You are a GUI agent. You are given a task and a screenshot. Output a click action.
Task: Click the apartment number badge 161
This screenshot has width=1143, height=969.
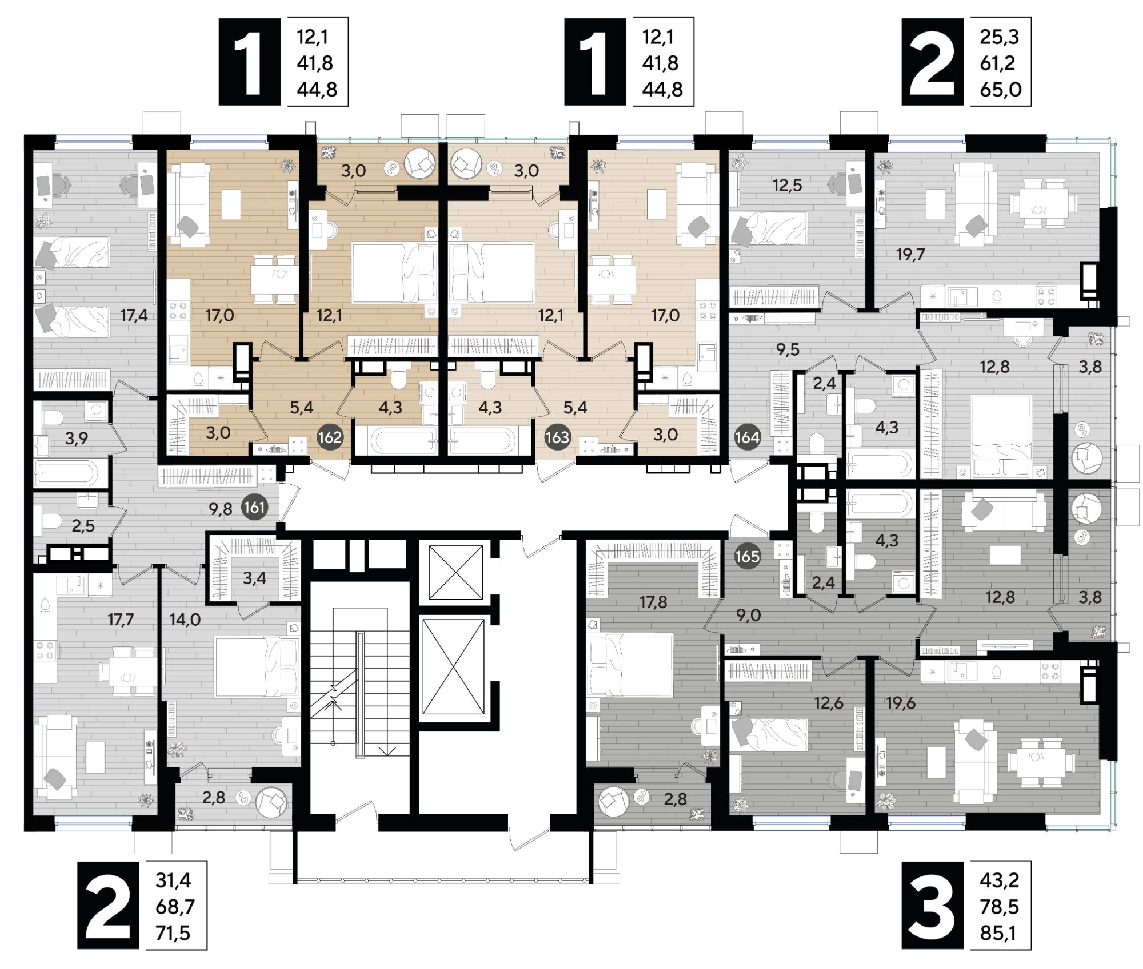point(254,507)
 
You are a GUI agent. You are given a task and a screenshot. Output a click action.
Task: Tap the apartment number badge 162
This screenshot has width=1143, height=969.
point(330,437)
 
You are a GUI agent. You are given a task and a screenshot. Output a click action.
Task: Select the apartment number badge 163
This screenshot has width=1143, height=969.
point(557,437)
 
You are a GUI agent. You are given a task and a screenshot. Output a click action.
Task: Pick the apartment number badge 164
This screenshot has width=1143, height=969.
point(747,437)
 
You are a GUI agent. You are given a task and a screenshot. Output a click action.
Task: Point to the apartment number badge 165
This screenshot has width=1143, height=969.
point(747,556)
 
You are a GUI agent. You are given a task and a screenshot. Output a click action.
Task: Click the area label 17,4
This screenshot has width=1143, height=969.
point(134,315)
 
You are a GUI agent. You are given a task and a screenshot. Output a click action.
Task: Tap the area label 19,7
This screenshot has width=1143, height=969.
point(910,254)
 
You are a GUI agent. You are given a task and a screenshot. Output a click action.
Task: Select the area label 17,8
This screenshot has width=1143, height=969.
point(653,602)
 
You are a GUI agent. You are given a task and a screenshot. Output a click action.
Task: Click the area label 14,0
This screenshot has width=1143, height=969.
point(185,619)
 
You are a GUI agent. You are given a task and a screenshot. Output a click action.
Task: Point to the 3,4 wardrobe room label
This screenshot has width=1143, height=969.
point(254,578)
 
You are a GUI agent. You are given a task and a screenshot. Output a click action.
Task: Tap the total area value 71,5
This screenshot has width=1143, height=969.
point(173,933)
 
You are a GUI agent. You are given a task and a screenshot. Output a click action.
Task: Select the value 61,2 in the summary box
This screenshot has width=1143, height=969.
point(998,63)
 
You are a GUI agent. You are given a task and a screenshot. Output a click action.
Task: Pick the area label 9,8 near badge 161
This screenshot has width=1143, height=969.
point(221,509)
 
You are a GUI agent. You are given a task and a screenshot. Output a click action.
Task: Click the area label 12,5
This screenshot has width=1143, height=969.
point(787,185)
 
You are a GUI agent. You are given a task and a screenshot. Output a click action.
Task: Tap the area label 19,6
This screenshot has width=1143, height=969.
point(901,703)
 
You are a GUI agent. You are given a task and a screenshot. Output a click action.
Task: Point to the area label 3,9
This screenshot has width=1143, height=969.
point(77,438)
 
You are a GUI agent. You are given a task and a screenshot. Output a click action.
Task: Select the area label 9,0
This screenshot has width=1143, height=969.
point(748,615)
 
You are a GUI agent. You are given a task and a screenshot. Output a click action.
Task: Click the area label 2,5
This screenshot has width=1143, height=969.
point(83,525)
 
